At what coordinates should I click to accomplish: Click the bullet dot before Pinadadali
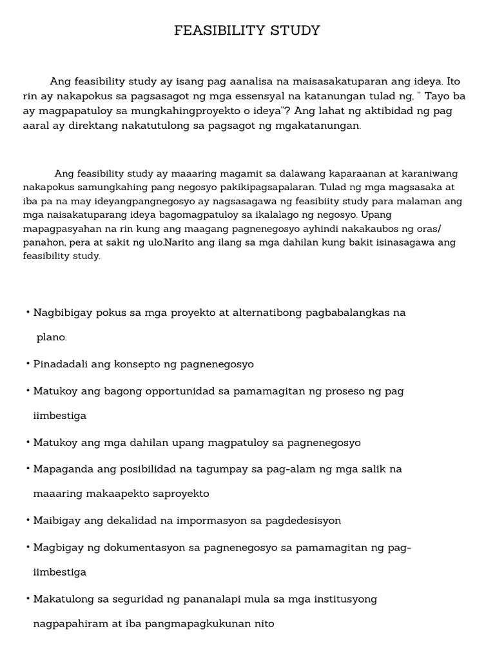28,364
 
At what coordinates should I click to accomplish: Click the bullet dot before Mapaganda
28,469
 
